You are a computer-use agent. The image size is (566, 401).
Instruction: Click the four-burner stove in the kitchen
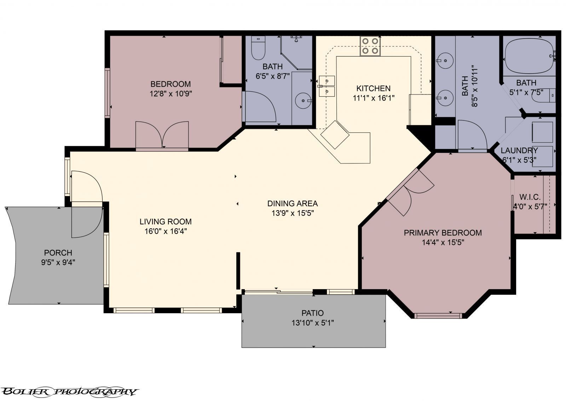point(370,46)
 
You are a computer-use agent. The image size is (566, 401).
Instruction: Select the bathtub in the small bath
point(529,56)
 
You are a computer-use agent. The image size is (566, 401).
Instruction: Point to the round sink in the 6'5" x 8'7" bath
point(303,101)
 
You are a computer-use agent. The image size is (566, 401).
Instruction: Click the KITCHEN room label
point(373,88)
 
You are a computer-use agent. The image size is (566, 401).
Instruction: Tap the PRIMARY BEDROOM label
point(443,233)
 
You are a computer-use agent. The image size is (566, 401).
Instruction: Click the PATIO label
point(312,313)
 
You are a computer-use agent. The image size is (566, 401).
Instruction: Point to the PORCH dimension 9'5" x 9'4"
point(58,262)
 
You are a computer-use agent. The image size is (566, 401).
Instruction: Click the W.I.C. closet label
point(530,197)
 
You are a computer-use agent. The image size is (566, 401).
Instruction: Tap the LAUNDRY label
point(519,150)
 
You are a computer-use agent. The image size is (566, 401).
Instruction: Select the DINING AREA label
point(292,204)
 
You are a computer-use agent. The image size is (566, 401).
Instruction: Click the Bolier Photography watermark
point(69,391)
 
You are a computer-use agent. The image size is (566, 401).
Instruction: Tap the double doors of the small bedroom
point(162,135)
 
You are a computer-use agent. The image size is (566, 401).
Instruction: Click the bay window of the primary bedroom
point(438,315)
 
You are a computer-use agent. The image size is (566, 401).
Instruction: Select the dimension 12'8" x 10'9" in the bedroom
point(171,94)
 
